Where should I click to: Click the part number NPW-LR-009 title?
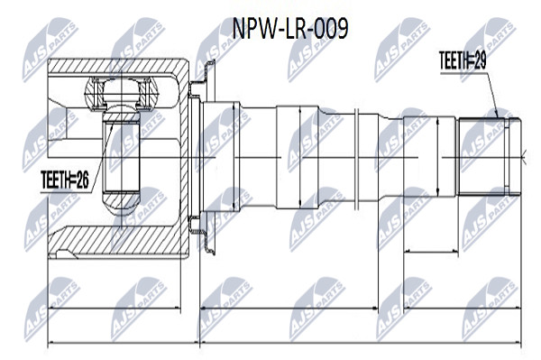click(289, 29)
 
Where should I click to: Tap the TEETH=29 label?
click(463, 60)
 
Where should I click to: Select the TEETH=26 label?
click(65, 180)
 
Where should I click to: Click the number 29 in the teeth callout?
click(481, 60)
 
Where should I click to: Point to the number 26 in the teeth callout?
click(82, 180)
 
